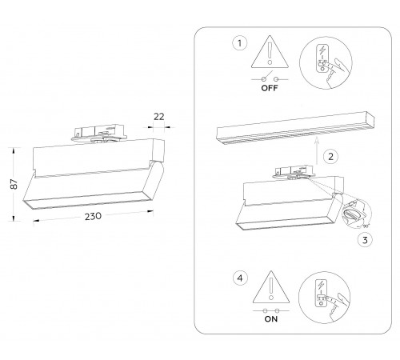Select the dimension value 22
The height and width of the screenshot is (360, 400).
tap(158, 117)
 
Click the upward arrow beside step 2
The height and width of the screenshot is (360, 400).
tap(317, 153)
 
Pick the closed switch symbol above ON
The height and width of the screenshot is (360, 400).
tap(268, 310)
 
